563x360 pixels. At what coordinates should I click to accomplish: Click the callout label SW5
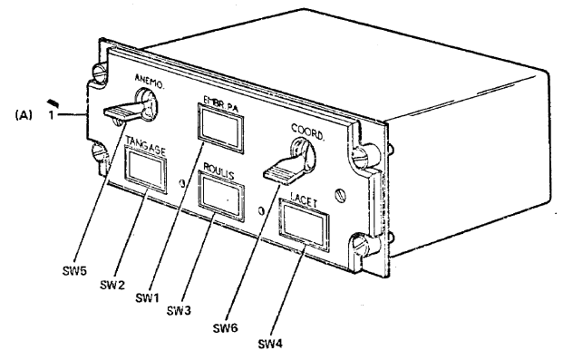[74, 270]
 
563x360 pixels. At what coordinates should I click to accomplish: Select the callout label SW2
[112, 285]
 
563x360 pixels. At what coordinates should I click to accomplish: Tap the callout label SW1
[147, 297]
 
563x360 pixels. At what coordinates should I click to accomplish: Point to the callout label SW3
[179, 311]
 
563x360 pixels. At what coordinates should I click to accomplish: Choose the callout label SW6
[226, 328]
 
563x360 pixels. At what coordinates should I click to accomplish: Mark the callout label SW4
[270, 344]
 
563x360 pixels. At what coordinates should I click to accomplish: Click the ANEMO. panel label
[150, 82]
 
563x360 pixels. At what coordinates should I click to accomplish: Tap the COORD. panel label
[307, 131]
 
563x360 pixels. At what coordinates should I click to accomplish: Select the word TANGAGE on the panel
[145, 145]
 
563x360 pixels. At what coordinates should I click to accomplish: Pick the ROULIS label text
[218, 171]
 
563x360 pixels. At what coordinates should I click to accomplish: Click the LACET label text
[304, 199]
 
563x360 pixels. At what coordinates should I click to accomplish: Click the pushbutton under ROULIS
[221, 195]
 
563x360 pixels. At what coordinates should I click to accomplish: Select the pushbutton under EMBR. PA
[220, 128]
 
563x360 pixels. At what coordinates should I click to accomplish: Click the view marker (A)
[24, 115]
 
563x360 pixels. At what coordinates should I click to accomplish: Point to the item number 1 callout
[52, 116]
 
